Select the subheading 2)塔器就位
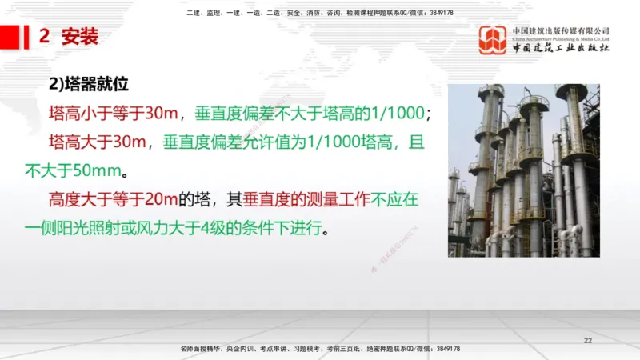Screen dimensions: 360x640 coord(89,83)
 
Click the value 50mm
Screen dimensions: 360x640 coord(93,170)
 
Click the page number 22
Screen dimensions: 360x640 coord(588,342)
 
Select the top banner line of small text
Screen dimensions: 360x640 coord(320,13)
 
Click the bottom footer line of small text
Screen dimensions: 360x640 coord(320,350)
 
